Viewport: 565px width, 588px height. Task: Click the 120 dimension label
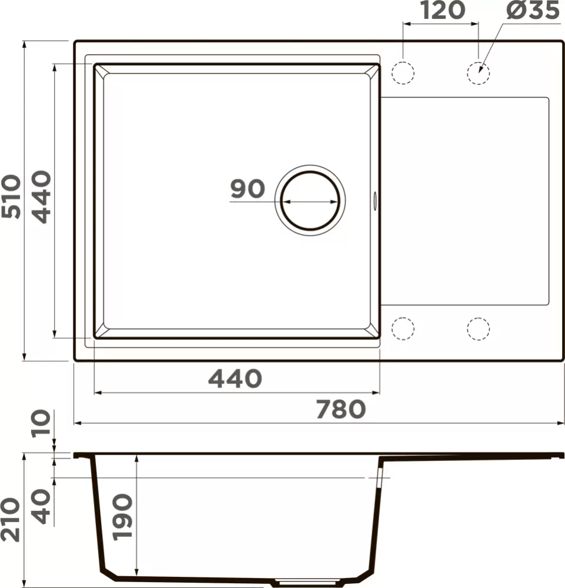point(442,10)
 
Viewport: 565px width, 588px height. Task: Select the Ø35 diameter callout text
point(533,10)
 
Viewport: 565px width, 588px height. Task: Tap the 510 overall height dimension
point(11,196)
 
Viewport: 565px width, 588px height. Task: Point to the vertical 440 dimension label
point(41,197)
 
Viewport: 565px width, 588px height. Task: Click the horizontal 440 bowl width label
point(235,379)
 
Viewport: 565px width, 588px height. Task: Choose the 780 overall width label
point(341,409)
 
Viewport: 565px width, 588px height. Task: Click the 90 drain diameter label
point(248,189)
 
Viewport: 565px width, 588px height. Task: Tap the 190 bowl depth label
point(123,517)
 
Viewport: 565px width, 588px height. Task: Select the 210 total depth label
point(10,520)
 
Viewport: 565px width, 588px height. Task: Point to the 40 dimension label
point(41,506)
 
